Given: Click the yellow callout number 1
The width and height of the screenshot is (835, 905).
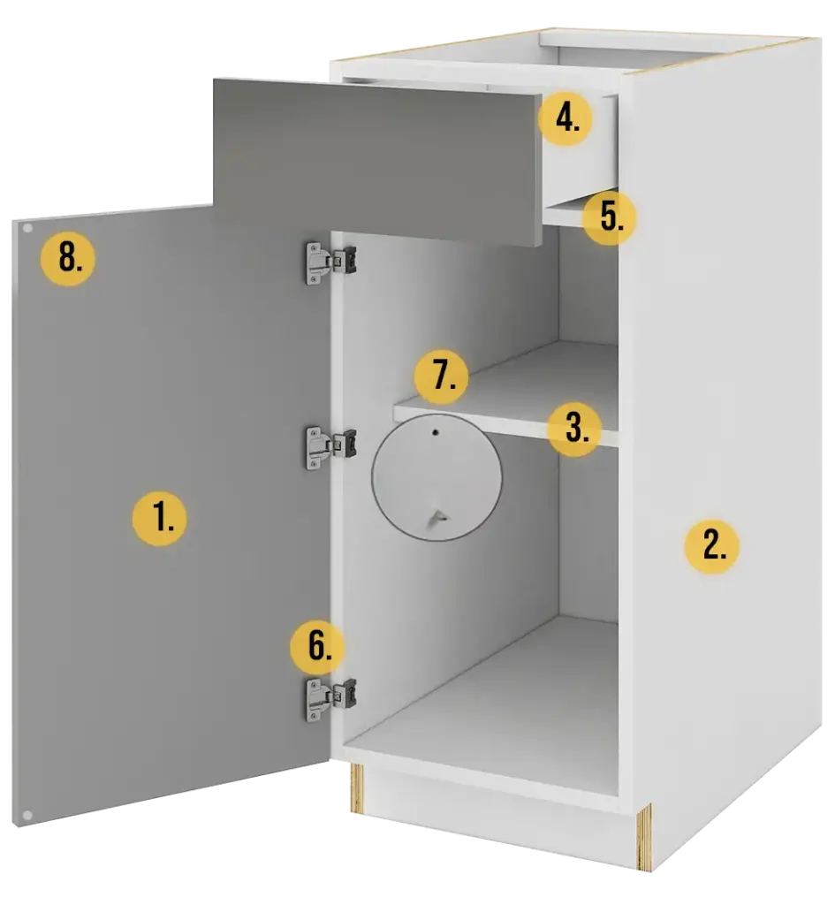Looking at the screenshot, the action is coord(159,518).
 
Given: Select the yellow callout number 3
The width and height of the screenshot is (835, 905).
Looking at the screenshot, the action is coord(574,429).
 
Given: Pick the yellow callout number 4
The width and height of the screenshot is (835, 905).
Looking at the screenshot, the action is coord(566,119).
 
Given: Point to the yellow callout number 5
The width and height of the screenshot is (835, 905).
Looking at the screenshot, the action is coord(610,218).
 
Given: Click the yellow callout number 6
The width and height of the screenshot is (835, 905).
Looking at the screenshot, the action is coord(317,646).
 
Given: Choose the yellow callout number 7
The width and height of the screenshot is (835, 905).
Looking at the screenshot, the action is coord(442,376).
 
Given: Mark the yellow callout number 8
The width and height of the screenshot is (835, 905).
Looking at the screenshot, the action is coord(68,258).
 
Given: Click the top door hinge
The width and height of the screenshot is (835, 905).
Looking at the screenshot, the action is coord(330,262).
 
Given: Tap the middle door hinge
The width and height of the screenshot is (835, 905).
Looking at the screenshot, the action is coord(330,448).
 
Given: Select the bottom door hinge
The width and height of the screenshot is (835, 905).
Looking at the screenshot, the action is coord(330,700).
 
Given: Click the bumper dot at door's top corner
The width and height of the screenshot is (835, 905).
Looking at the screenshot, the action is coord(27,228).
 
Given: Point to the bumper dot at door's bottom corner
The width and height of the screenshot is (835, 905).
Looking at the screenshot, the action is coord(27,815).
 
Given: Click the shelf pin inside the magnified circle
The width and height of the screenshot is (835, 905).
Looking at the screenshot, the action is coord(436,517).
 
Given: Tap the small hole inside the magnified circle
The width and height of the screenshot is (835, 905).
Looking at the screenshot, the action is coord(436,431).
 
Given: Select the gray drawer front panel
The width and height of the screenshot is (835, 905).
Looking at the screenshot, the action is coord(378,162).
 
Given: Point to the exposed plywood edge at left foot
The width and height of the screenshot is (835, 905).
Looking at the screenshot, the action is coord(358,788).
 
